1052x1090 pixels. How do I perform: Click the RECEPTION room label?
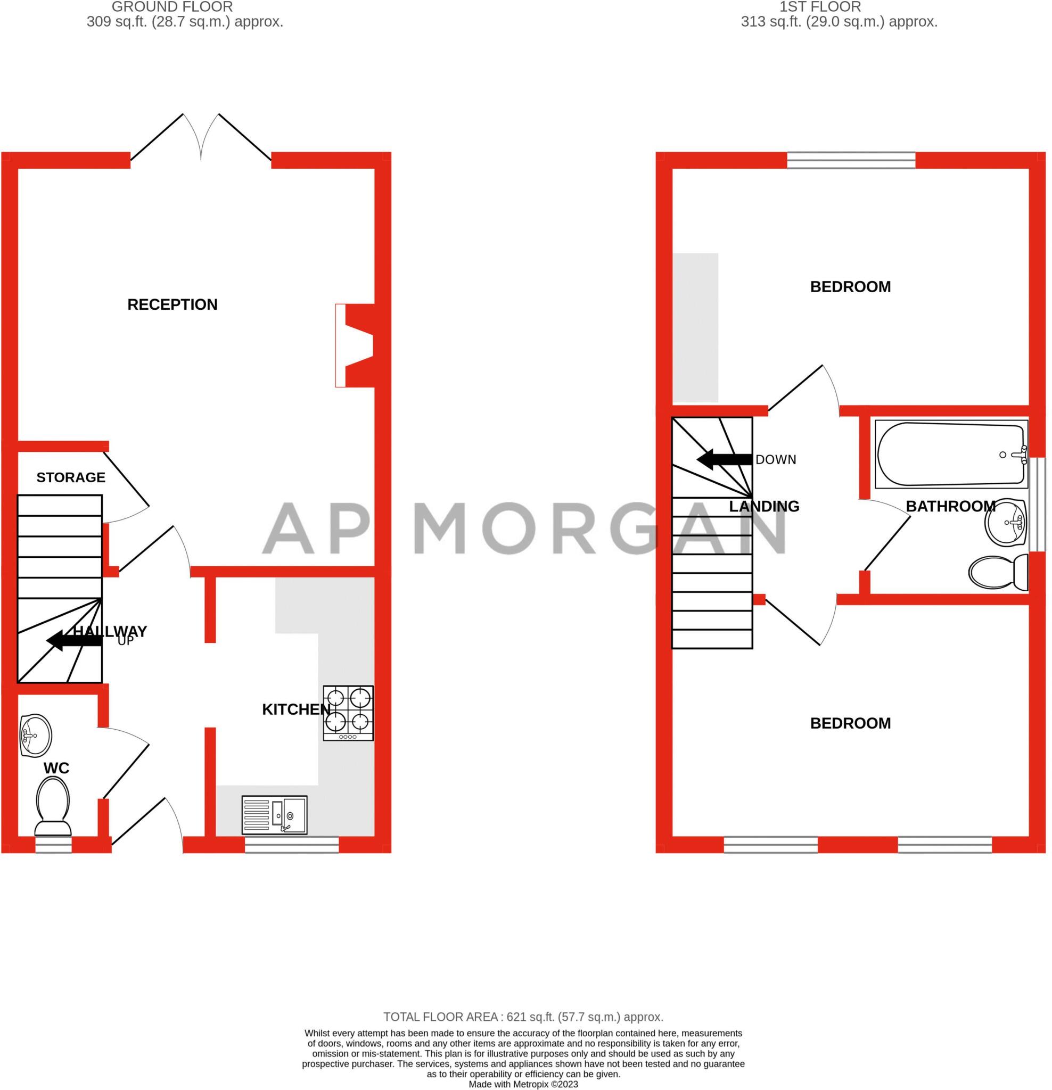click(172, 304)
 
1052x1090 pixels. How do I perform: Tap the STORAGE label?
click(71, 477)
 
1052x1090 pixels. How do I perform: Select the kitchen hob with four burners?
click(348, 713)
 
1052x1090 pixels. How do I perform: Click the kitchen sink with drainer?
click(274, 815)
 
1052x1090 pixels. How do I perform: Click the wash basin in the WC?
click(36, 735)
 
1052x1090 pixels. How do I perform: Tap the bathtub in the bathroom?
click(951, 455)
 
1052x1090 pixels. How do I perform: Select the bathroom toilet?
click(999, 572)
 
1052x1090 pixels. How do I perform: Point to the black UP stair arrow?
click(74, 641)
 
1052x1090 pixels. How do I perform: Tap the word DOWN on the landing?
click(776, 459)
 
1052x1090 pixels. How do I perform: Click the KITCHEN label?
click(296, 709)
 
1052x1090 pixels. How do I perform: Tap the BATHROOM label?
click(951, 506)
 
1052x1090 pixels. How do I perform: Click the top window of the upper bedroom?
click(851, 161)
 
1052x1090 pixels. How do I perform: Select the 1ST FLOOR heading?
click(820, 7)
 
